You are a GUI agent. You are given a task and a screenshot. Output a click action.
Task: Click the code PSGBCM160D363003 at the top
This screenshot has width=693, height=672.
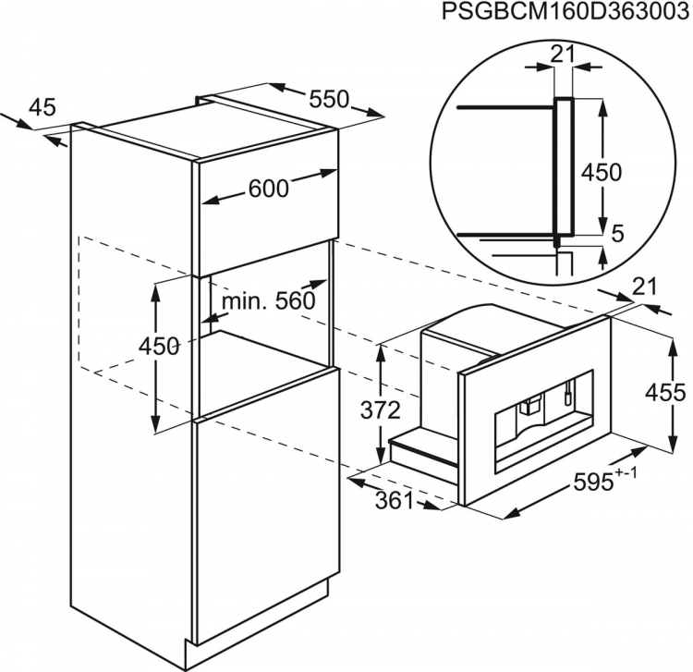(x=566, y=11)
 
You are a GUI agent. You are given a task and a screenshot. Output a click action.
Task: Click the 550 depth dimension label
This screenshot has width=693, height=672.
(x=329, y=100)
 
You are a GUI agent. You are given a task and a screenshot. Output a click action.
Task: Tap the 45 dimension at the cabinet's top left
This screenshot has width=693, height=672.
(x=43, y=107)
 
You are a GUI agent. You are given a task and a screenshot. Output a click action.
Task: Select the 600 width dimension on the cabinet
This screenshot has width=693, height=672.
(x=268, y=189)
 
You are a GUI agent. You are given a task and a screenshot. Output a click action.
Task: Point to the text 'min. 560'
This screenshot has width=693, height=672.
(x=268, y=301)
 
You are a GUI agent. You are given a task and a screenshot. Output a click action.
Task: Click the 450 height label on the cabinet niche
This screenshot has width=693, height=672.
(x=159, y=347)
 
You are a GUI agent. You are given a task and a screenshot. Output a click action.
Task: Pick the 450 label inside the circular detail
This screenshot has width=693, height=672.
(x=602, y=172)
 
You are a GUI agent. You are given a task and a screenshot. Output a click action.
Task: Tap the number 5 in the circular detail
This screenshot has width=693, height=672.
(x=617, y=234)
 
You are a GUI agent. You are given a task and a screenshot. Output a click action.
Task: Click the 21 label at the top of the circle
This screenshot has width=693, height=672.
(x=563, y=55)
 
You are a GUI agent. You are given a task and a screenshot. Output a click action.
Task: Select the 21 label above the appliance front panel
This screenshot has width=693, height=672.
(x=645, y=287)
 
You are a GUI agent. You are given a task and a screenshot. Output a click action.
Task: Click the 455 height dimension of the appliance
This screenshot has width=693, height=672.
(x=665, y=392)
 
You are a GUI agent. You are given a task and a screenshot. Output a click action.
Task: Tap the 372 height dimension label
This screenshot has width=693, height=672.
(x=381, y=410)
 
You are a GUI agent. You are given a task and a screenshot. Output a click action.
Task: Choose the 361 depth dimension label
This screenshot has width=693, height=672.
(x=395, y=501)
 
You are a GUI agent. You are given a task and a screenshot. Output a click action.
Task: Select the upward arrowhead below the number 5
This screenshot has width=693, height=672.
(x=602, y=255)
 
